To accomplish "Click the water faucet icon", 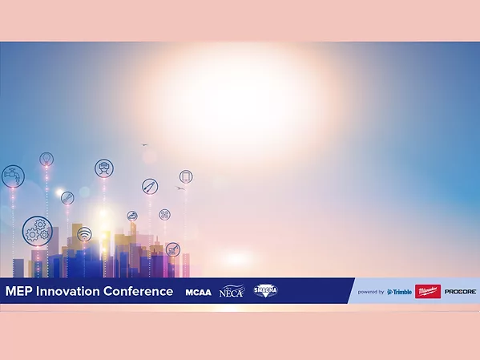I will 13,176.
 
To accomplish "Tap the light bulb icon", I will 46,159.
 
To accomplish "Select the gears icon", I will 37,231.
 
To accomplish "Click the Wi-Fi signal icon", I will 84,234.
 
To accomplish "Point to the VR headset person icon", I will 103,168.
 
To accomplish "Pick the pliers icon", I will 150,186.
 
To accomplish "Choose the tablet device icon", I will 186,176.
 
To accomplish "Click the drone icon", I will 164,214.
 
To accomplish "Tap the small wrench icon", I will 67,197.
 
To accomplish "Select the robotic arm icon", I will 172,249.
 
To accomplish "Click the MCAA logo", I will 198,292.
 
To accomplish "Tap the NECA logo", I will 232,291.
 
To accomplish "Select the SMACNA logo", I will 266,291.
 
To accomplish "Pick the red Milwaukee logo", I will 428,292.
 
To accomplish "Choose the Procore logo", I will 461,292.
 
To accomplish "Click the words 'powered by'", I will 371,292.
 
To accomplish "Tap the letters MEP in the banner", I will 17,291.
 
